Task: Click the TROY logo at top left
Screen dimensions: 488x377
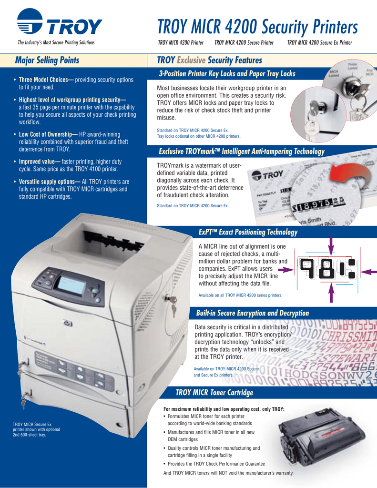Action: tap(59, 24)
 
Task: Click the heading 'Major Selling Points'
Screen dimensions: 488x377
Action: tap(47, 61)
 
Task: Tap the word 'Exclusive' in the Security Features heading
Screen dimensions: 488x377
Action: tap(192, 61)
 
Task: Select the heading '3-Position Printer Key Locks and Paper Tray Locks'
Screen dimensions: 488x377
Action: tap(227, 74)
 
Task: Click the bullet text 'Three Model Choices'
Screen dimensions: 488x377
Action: tap(45, 80)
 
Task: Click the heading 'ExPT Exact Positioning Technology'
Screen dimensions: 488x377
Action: tap(247, 232)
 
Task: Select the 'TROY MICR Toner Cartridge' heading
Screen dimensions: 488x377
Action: tap(214, 392)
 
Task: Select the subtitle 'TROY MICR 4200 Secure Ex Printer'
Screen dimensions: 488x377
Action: tap(319, 43)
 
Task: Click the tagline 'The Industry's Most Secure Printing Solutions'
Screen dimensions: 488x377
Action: tap(56, 43)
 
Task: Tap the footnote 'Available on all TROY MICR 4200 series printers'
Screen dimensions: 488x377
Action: tap(240, 295)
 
